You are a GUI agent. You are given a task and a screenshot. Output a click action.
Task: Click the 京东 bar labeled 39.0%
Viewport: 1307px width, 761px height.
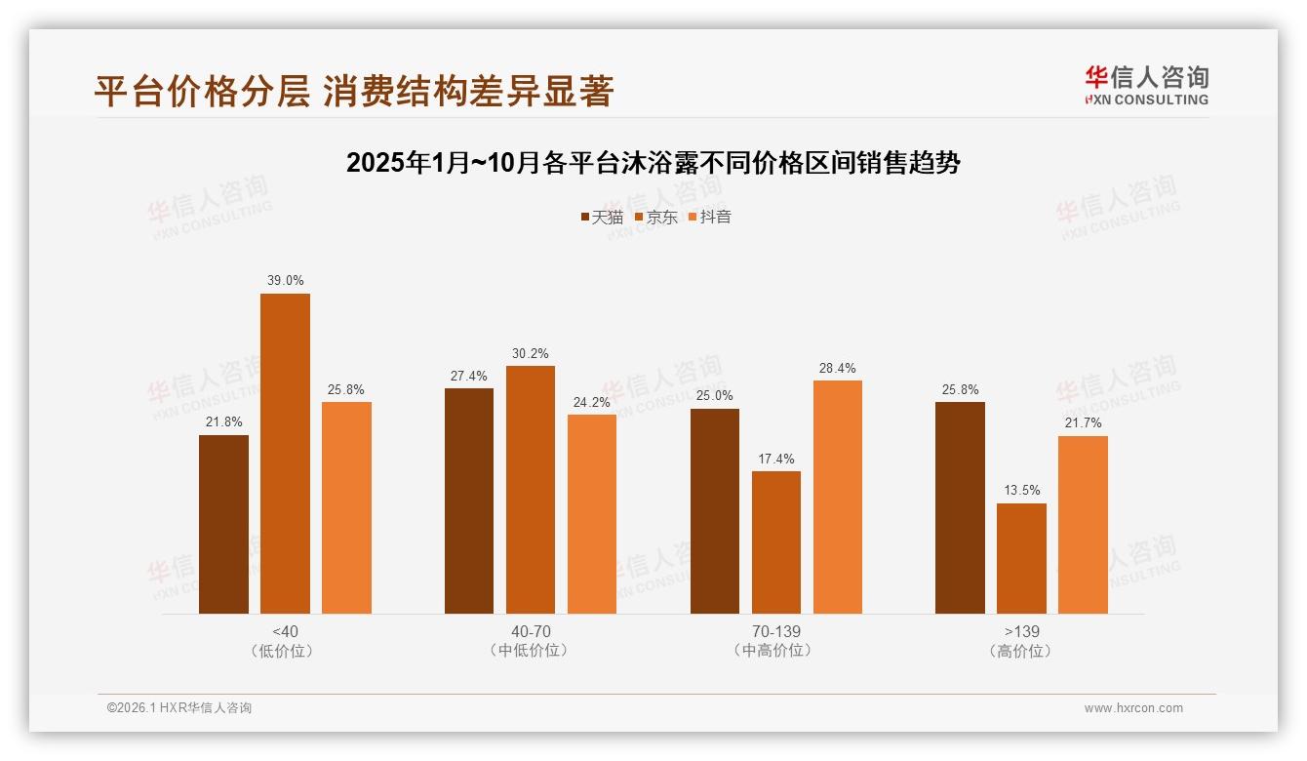coord(285,454)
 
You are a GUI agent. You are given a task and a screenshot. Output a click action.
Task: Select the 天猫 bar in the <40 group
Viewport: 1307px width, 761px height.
coord(223,524)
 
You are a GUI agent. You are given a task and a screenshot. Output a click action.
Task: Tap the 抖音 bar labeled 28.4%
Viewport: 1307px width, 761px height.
coord(838,497)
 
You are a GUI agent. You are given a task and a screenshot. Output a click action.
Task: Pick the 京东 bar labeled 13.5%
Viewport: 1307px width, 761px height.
coord(1021,558)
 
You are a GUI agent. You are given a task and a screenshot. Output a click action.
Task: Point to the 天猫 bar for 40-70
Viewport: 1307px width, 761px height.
coord(469,501)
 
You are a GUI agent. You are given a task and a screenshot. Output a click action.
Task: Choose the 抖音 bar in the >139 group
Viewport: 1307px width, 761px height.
coord(1083,525)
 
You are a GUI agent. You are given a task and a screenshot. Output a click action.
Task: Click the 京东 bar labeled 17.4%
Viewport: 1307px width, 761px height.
coord(776,542)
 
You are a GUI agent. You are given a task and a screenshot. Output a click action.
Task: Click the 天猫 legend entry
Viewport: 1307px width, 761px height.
coord(601,217)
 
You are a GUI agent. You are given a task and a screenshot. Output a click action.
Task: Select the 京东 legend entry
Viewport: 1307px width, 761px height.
coord(655,217)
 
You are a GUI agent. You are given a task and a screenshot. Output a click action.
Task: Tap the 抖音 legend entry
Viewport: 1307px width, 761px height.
coord(709,217)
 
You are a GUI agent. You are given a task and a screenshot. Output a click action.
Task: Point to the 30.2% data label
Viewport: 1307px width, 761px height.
coord(531,353)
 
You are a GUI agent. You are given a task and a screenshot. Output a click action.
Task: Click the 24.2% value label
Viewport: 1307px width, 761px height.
coord(592,402)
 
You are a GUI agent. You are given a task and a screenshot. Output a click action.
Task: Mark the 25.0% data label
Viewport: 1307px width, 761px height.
coord(715,396)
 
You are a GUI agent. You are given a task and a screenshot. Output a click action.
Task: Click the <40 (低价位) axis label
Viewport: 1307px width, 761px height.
coord(285,641)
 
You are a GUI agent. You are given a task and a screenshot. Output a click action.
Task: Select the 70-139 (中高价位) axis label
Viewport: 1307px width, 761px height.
coord(776,641)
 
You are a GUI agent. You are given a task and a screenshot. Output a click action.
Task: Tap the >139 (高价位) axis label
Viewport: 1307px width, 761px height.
coord(1021,641)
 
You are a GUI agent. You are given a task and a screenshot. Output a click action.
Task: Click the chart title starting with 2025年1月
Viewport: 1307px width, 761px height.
coord(653,163)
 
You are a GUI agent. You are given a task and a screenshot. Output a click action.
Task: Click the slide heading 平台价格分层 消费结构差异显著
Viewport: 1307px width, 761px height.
coord(354,91)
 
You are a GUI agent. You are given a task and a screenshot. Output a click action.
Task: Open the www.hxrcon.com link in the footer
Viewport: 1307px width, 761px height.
coord(1133,708)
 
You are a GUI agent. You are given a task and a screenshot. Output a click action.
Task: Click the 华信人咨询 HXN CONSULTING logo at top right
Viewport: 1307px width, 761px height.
coord(1146,85)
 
